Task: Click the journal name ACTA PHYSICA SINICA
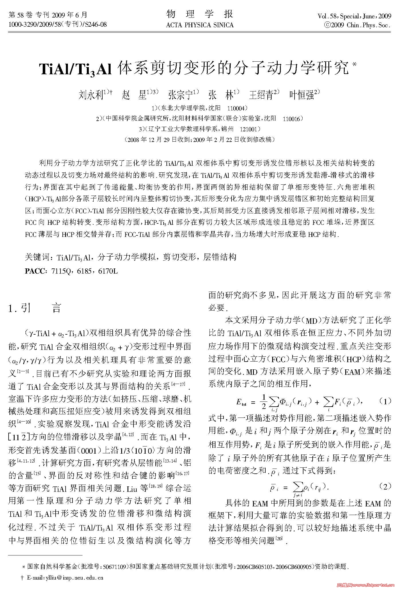(x=200, y=25)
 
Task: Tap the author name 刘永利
(x=91, y=95)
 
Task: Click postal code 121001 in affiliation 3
(x=248, y=129)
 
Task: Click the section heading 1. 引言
(x=34, y=308)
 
